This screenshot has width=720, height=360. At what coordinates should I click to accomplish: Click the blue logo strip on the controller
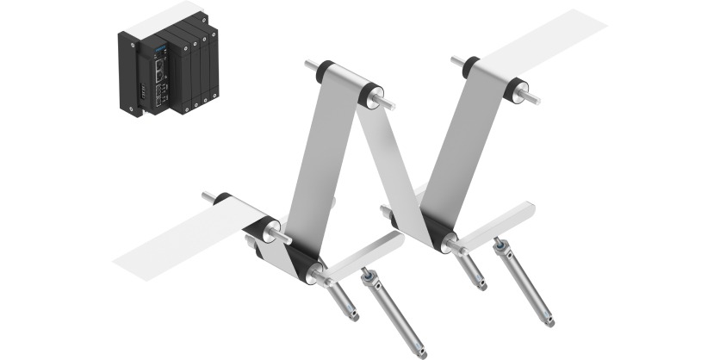click(159, 53)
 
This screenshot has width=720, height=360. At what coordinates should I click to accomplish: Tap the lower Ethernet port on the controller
click(160, 85)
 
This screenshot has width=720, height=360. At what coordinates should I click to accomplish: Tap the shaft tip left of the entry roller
click(208, 196)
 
